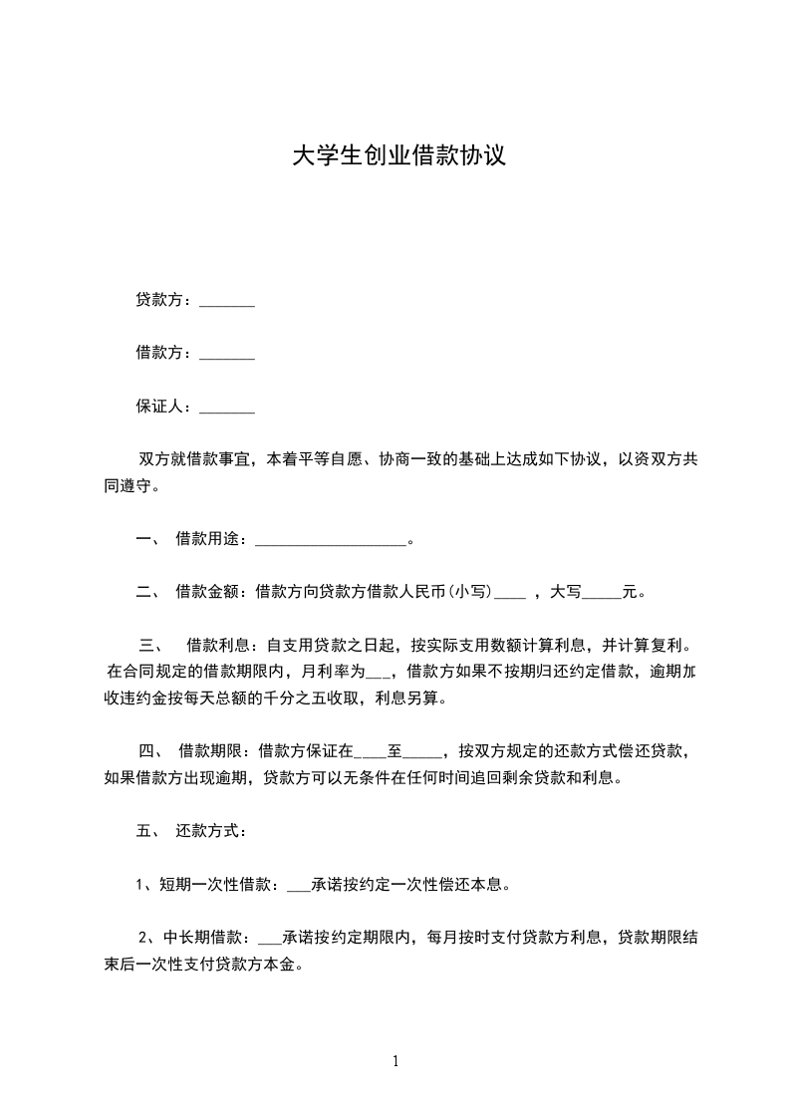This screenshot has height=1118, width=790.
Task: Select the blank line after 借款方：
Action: click(x=227, y=355)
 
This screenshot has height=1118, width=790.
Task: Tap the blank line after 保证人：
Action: click(x=227, y=409)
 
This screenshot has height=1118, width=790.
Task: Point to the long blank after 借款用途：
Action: click(x=332, y=542)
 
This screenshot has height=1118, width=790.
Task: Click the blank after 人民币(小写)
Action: click(x=509, y=594)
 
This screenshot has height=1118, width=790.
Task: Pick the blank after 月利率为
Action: click(x=382, y=673)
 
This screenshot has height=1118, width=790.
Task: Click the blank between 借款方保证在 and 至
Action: click(x=371, y=752)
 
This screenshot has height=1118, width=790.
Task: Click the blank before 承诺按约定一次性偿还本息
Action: click(x=298, y=884)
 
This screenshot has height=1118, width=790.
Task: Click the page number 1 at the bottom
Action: click(x=395, y=1061)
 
